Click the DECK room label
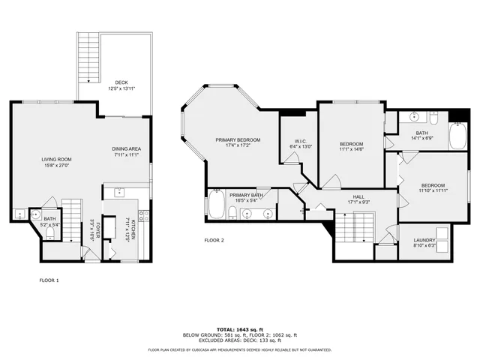click(121, 82)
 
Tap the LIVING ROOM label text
click(56, 159)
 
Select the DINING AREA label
click(126, 148)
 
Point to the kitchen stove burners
click(143, 217)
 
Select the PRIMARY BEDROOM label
click(238, 140)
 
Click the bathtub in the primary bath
click(217, 206)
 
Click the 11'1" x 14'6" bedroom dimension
click(351, 150)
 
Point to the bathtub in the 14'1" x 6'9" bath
click(457, 137)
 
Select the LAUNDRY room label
click(424, 241)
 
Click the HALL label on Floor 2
click(358, 196)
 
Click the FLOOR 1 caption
click(49, 280)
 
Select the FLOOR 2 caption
click(214, 241)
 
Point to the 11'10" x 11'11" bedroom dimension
click(433, 191)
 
